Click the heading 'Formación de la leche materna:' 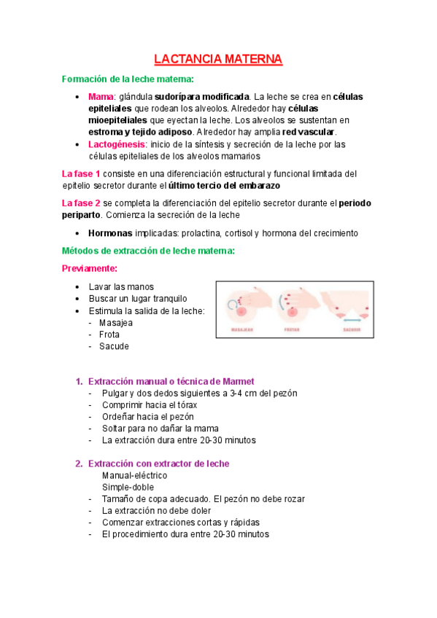pos(128,79)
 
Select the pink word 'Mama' pos(101,96)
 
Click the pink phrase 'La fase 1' pos(81,173)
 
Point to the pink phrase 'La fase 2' pos(81,203)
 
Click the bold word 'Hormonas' pos(109,233)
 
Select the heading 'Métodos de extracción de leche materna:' pos(148,251)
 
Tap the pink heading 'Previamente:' pos(90,268)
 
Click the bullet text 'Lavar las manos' pos(121,287)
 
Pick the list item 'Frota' pos(109,335)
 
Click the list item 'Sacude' pos(114,346)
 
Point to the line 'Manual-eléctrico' pos(135,475)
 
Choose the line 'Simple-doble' pos(128,487)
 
